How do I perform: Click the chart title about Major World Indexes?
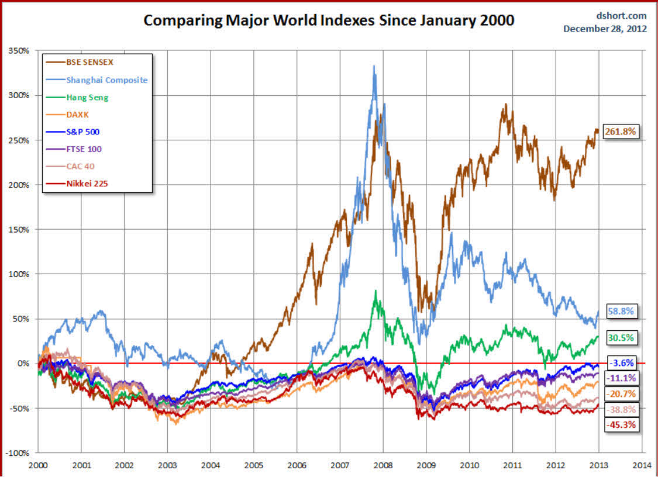pos(329,20)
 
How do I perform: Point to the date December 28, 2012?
pos(605,29)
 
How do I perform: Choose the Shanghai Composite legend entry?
pos(106,79)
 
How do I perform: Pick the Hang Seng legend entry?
pos(87,97)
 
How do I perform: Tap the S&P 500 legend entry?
pos(85,132)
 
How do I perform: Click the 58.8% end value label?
pos(621,312)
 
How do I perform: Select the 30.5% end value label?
pos(621,337)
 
